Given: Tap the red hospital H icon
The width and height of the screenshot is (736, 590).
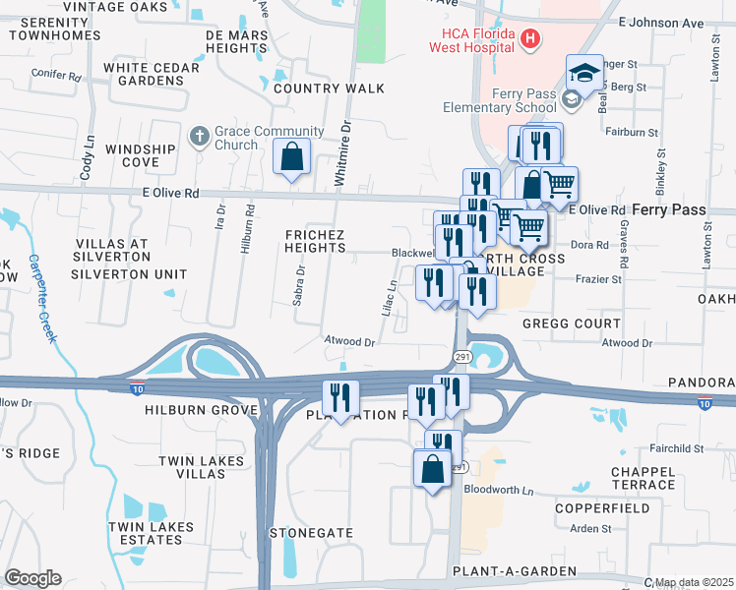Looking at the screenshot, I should [530, 39].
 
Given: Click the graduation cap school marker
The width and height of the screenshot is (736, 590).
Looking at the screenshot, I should [584, 74].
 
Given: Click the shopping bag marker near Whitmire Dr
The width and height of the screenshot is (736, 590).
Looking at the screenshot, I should [292, 156].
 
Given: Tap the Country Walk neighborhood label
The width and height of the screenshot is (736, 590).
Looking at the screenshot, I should [330, 88].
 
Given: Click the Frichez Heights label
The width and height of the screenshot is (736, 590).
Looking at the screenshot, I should [315, 241].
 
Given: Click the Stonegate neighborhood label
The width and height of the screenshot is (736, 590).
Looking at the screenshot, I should [312, 532].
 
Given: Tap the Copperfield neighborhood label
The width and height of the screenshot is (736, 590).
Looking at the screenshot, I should [602, 508].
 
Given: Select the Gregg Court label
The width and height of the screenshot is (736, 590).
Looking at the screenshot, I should [572, 324].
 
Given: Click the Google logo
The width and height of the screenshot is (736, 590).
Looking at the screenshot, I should [31, 578].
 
